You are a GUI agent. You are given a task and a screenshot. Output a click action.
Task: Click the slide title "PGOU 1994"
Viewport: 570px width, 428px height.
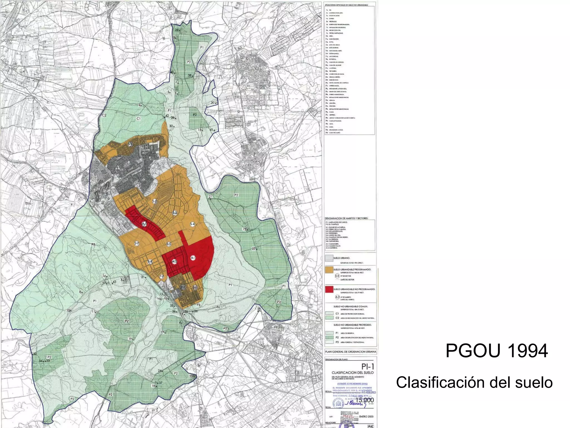497,351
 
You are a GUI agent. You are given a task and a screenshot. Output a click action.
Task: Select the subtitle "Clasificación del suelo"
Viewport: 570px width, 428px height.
474,382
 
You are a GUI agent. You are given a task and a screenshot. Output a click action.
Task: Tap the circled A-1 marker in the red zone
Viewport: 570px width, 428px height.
193,258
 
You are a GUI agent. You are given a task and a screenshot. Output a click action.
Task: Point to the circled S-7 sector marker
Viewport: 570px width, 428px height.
137,243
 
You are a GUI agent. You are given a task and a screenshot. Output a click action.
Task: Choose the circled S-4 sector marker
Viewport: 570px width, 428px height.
192,224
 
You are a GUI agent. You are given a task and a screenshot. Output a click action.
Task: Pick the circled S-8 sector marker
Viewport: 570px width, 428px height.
150,262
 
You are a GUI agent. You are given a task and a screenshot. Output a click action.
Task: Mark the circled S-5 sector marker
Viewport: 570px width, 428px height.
169,244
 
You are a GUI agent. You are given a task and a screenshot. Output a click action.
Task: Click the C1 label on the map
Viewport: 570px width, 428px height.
139,119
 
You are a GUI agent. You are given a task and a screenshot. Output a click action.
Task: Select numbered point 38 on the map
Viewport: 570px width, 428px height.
190,75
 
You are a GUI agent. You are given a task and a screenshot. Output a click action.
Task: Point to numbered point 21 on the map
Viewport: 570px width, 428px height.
210,197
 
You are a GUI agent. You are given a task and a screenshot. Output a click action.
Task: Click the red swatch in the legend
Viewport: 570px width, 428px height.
329,289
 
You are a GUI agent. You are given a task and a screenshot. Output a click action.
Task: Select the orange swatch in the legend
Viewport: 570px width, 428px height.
329,270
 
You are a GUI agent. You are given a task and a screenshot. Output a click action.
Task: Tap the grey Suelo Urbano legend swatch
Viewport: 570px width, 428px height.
329,258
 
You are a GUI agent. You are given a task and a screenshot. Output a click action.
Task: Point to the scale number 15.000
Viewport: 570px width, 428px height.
365,400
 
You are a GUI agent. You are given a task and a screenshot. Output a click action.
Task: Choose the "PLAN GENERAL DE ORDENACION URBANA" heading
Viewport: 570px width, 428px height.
350,352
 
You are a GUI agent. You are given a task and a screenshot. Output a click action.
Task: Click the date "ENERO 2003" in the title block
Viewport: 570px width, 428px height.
366,417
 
